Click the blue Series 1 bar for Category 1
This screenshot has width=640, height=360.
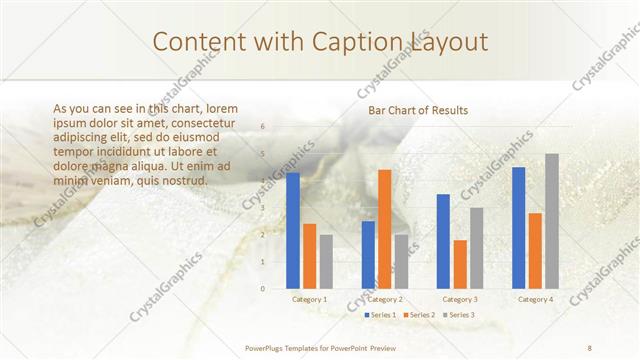293,230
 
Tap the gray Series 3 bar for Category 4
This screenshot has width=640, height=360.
552,221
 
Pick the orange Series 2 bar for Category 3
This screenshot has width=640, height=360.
460,264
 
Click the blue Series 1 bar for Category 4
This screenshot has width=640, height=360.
518,228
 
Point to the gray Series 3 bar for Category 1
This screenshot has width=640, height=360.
327,261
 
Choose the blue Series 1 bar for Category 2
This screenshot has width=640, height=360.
368,254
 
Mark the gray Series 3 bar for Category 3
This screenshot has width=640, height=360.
477,248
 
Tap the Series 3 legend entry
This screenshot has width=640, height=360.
459,315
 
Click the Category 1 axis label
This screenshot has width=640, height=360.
310,299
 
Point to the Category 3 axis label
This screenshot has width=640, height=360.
460,299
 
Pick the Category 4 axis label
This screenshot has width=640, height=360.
535,299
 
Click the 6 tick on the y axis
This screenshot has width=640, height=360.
262,127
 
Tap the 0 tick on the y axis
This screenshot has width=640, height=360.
262,288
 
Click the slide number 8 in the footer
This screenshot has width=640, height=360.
590,347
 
